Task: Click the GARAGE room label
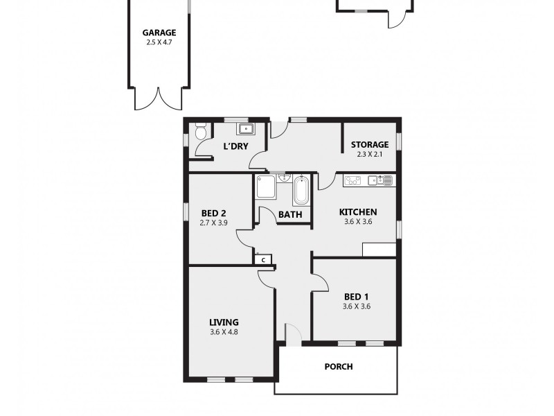(159, 33)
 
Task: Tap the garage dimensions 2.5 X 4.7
(159, 42)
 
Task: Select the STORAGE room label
(370, 144)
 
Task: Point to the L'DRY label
(235, 146)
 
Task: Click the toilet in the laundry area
(200, 132)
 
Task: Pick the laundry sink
(246, 129)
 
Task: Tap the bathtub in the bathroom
(302, 190)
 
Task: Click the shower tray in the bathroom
(266, 188)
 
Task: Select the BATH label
(289, 215)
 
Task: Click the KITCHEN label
(357, 212)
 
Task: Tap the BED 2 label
(214, 213)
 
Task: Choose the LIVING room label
(224, 322)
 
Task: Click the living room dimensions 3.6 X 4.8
(224, 331)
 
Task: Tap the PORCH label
(339, 367)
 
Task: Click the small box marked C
(264, 259)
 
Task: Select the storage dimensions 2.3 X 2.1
(370, 154)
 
